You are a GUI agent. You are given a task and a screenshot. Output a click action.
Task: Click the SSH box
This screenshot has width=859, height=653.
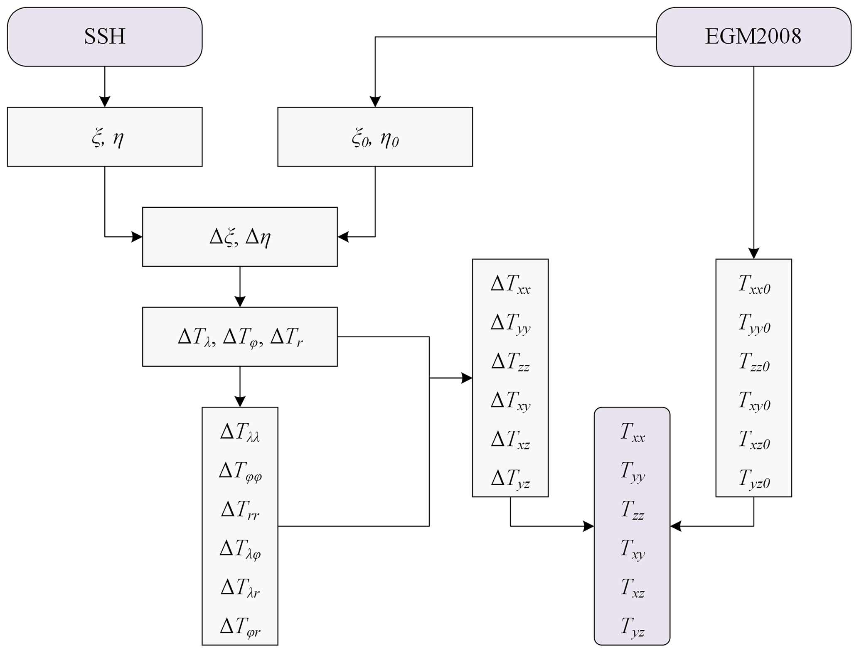click(x=104, y=37)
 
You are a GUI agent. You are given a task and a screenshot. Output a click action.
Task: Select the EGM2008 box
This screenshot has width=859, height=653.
click(x=753, y=37)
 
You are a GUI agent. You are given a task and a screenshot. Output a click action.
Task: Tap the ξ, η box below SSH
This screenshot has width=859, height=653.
click(x=104, y=137)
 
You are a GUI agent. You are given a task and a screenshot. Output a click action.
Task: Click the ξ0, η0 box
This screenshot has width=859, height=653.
click(x=375, y=137)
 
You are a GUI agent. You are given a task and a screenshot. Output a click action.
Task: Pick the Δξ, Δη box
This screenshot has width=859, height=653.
click(x=240, y=237)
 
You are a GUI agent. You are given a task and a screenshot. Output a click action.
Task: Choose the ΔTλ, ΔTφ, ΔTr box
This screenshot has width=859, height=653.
click(x=240, y=336)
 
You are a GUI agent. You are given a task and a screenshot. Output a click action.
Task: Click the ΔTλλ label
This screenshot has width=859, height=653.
click(x=240, y=432)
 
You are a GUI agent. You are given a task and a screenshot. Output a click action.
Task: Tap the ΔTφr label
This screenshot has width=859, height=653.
click(x=240, y=626)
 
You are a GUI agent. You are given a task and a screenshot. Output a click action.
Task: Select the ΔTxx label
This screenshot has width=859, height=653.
click(x=510, y=285)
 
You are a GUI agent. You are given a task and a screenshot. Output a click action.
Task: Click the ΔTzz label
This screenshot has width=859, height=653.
click(x=510, y=362)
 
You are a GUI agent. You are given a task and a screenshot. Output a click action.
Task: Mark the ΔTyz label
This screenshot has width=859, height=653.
click(x=510, y=479)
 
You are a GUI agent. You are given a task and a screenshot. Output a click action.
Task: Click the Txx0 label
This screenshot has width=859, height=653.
click(x=754, y=285)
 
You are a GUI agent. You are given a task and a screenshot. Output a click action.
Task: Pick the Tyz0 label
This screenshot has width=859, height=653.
click(x=754, y=479)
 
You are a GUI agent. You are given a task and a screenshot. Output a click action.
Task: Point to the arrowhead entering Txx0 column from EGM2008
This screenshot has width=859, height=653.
click(x=753, y=253)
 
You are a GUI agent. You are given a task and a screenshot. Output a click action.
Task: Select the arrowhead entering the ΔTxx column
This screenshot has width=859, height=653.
click(x=467, y=378)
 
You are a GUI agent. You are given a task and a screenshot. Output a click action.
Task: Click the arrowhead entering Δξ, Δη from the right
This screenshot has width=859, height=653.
click(x=343, y=237)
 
